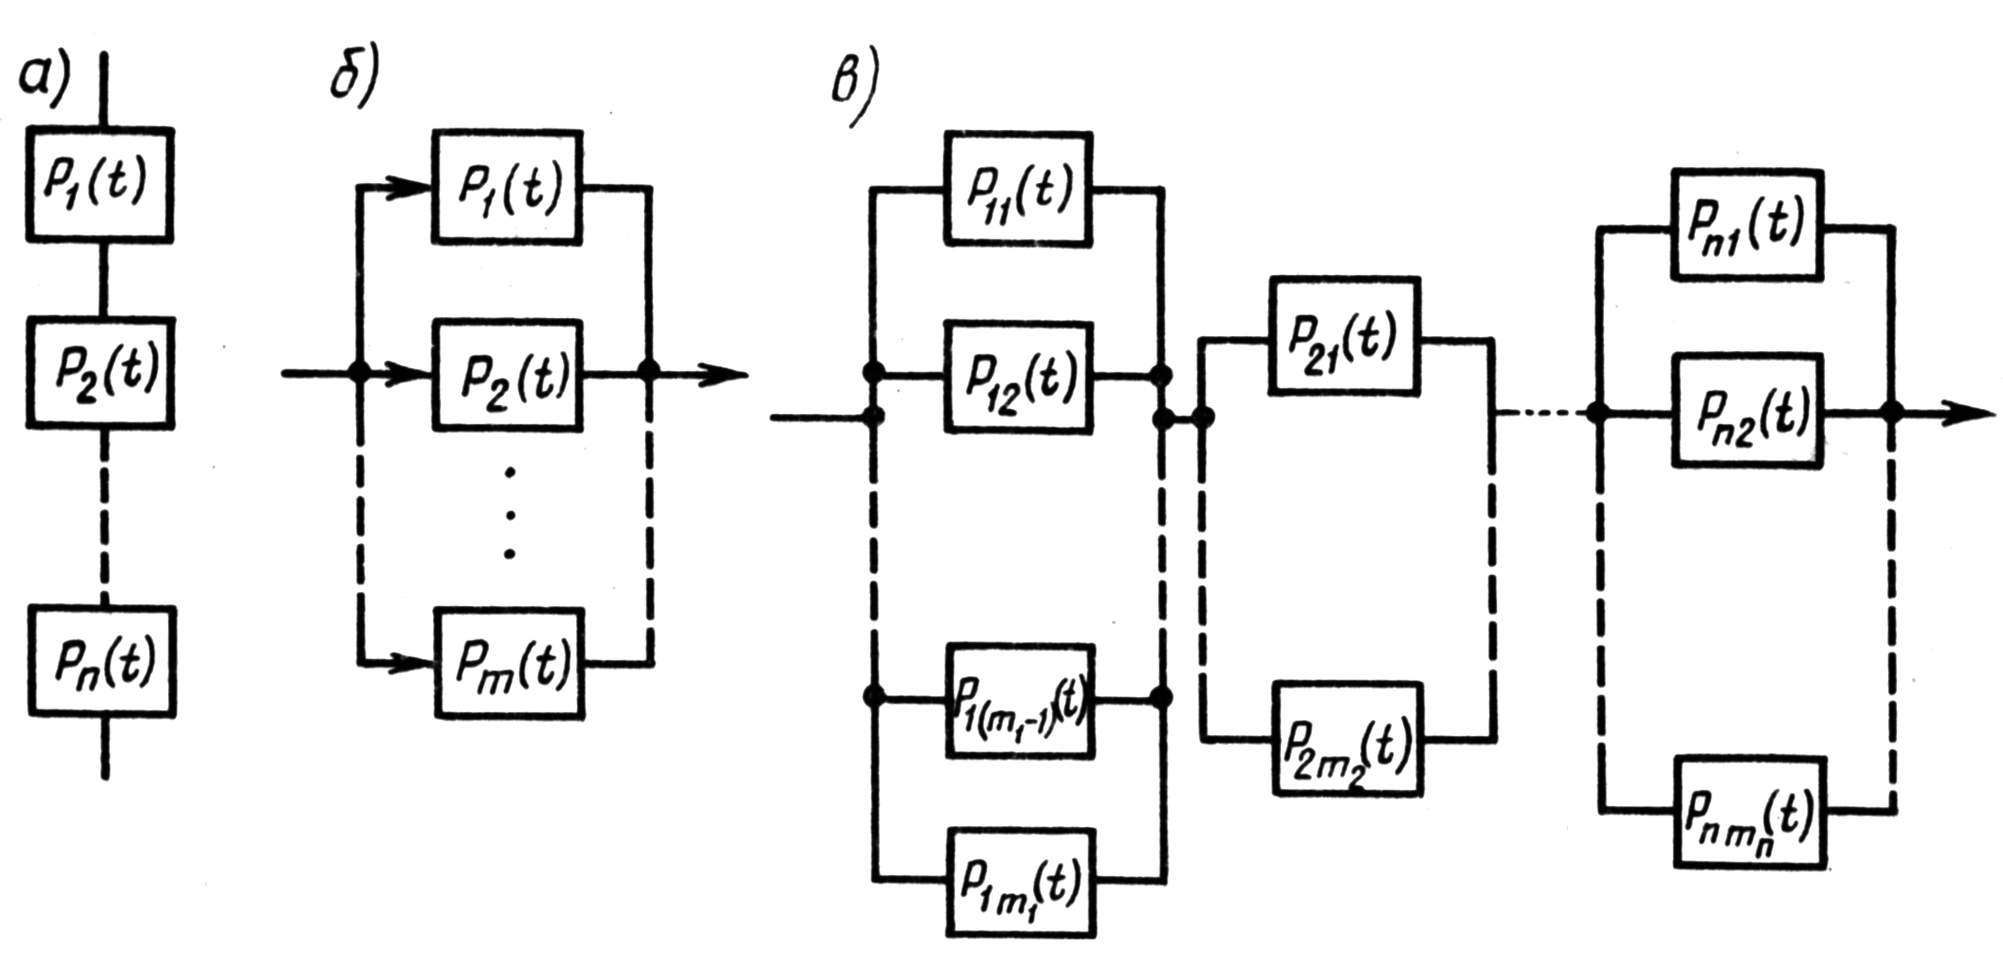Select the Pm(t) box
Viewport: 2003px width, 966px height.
(x=510, y=663)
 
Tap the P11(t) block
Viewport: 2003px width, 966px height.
(x=1018, y=189)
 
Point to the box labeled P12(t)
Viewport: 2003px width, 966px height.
(x=1018, y=377)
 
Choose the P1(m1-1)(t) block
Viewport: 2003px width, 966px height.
(x=1020, y=700)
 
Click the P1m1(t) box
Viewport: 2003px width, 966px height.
(x=1021, y=882)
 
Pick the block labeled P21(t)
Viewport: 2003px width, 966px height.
(x=1345, y=337)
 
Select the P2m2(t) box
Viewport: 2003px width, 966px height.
(x=1347, y=738)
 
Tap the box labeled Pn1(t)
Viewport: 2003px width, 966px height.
(x=1746, y=225)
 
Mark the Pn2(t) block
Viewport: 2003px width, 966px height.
(x=1747, y=411)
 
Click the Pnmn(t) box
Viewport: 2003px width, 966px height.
(x=1750, y=811)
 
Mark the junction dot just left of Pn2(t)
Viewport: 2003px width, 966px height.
(x=1597, y=411)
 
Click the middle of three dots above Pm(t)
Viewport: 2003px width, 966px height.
(x=510, y=515)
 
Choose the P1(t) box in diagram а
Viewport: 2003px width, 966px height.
(x=100, y=185)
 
